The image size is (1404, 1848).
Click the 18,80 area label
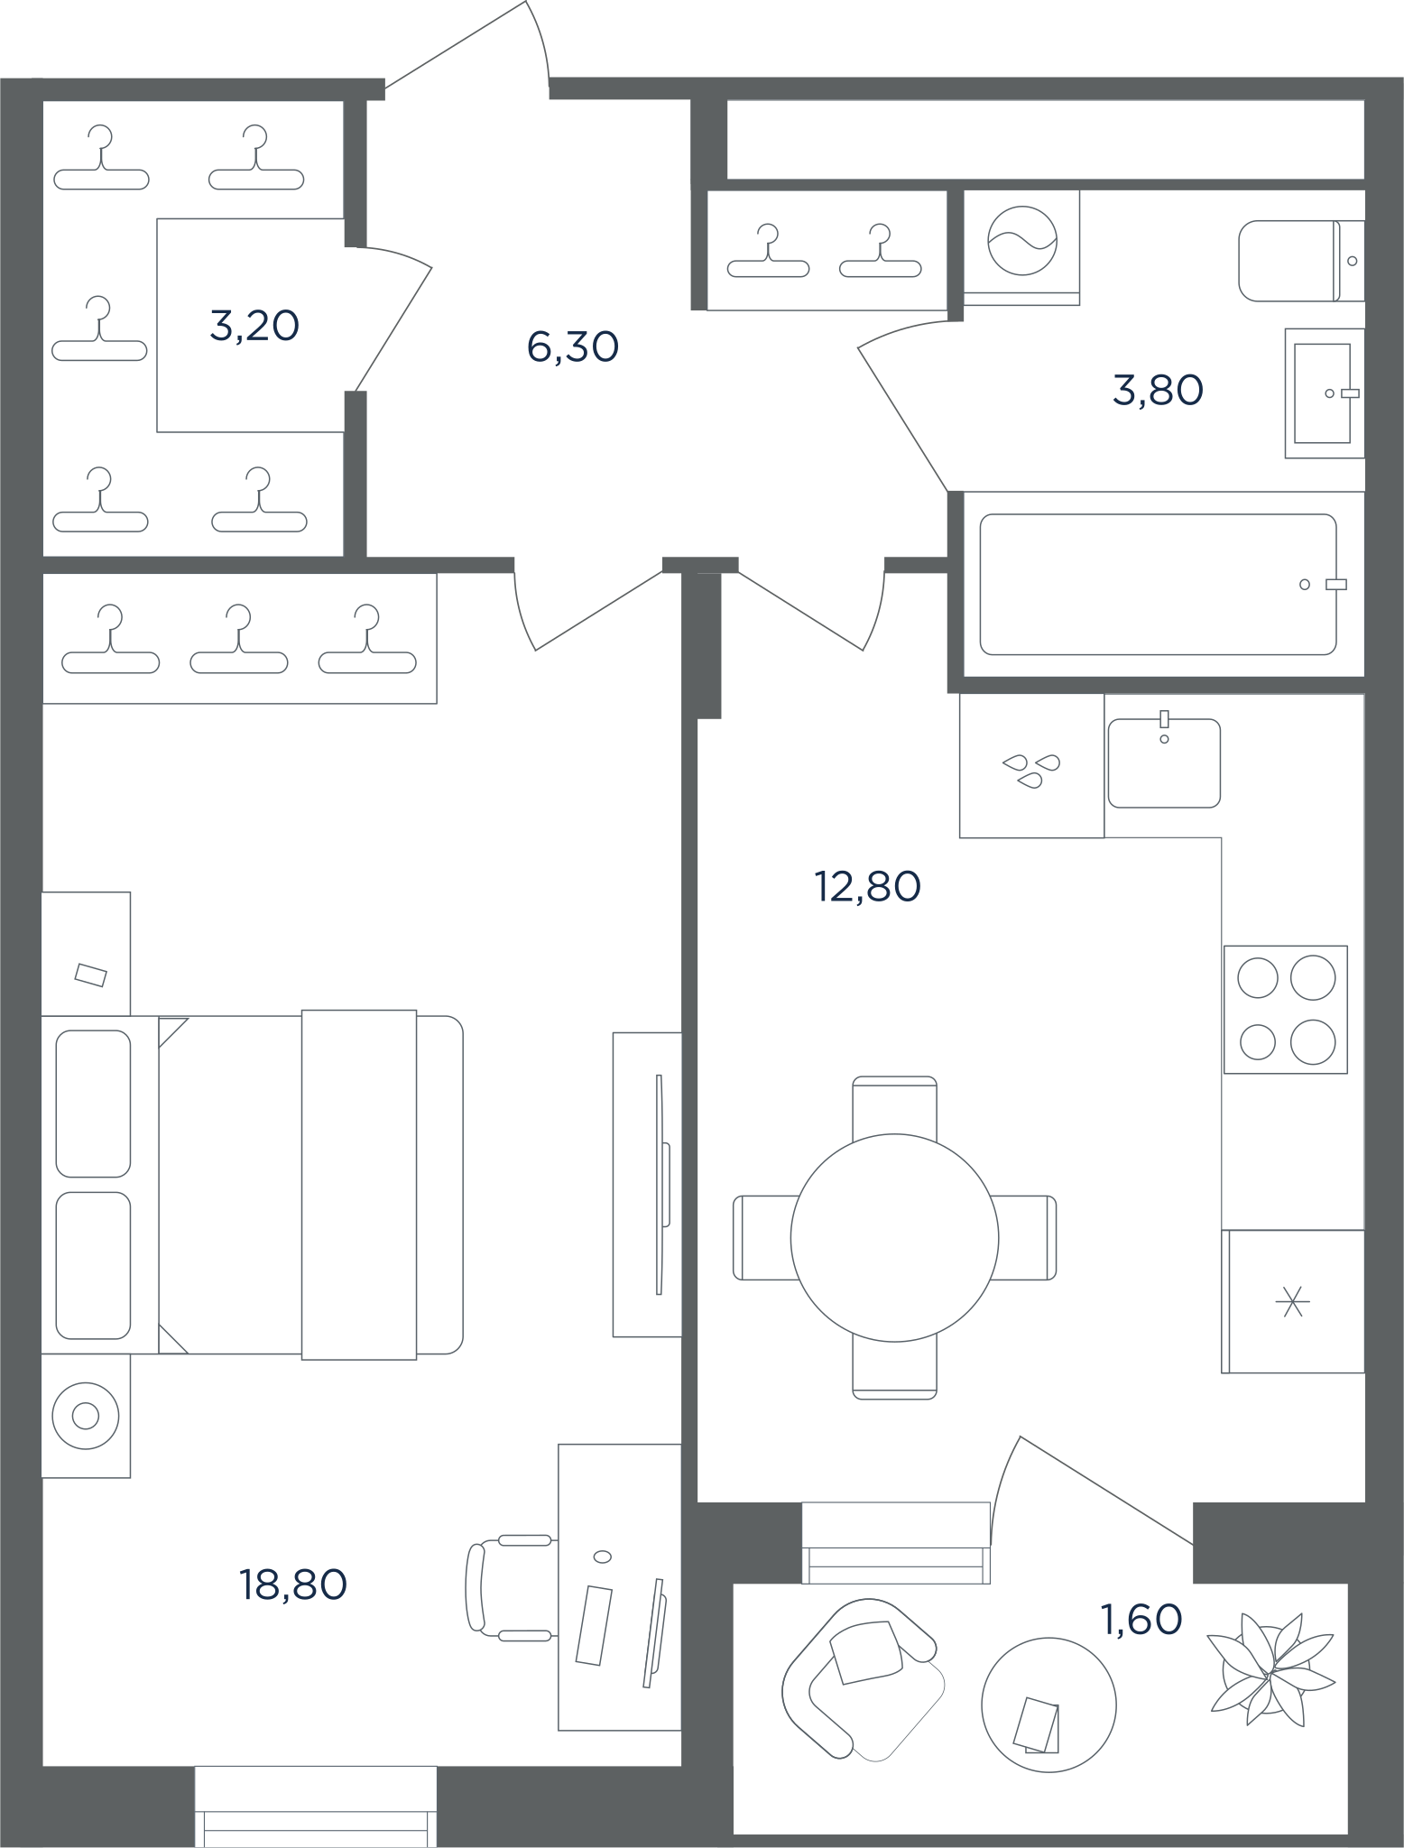click(293, 1585)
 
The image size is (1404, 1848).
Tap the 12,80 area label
click(867, 886)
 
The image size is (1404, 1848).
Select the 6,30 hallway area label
click(573, 346)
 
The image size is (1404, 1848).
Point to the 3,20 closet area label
click(254, 326)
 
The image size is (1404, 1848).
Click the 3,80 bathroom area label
click(1159, 391)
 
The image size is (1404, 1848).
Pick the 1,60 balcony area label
click(1141, 1620)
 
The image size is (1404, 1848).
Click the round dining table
click(894, 1238)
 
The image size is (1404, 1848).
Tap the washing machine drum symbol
click(1022, 241)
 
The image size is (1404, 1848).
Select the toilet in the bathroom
click(1301, 261)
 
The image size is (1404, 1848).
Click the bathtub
click(1158, 585)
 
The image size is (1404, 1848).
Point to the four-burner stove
click(1285, 1010)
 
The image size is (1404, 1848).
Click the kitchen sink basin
click(1164, 763)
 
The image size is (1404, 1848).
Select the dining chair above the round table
click(894, 1107)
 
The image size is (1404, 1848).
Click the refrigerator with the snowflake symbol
click(1293, 1302)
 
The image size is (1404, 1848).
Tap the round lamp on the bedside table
click(86, 1416)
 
